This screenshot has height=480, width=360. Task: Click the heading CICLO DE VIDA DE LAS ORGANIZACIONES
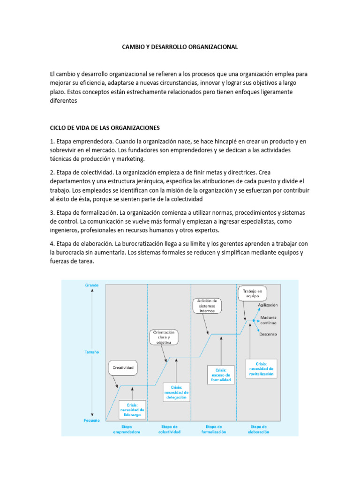tap(105, 127)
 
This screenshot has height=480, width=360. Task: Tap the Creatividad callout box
tap(124, 368)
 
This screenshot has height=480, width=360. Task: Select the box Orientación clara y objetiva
tap(165, 337)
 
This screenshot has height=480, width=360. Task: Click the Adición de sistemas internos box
tap(207, 306)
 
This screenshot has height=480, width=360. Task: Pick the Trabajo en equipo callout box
tap(253, 294)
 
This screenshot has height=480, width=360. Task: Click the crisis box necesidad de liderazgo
tap(132, 409)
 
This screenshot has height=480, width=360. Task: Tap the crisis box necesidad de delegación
tap(176, 392)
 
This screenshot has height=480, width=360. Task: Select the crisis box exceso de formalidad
tap(220, 375)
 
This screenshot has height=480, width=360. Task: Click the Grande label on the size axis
tap(92, 285)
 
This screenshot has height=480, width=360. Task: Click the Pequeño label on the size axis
tap(92, 420)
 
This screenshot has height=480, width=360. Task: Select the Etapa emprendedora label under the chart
tap(126, 429)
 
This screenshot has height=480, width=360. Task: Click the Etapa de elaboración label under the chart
tap(259, 429)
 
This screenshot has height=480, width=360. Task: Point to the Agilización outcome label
tap(268, 305)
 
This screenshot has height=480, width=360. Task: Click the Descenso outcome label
tap(268, 334)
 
